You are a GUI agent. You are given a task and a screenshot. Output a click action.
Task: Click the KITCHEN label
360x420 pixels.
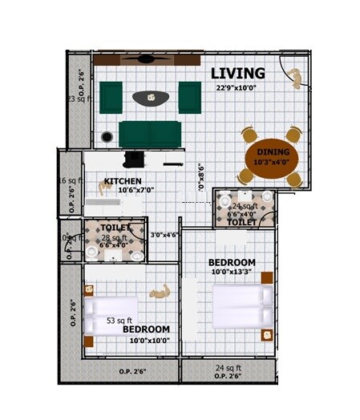(x=123, y=182)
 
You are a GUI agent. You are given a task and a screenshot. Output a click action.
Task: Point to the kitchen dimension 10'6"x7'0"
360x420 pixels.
(x=135, y=191)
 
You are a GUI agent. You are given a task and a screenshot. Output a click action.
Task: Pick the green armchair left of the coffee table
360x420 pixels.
(x=111, y=97)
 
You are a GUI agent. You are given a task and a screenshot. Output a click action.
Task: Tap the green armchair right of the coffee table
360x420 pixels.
(x=189, y=97)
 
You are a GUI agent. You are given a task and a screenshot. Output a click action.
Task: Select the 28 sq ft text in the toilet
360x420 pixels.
(x=115, y=238)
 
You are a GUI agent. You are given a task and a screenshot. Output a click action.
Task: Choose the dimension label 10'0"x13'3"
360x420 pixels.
(x=232, y=273)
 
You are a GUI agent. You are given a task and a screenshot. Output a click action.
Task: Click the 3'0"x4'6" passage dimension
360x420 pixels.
(x=164, y=235)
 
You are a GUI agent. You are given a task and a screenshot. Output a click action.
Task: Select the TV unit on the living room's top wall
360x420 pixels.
(x=146, y=59)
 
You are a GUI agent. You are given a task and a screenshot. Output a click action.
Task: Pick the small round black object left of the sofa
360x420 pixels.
(x=107, y=137)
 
